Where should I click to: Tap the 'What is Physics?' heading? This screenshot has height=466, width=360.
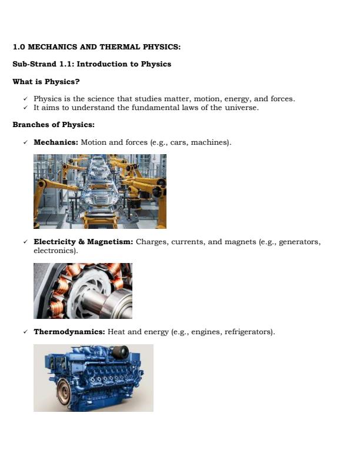(x=46, y=81)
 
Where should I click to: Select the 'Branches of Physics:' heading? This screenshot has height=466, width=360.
(x=53, y=125)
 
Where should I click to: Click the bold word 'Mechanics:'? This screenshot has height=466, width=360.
(x=56, y=142)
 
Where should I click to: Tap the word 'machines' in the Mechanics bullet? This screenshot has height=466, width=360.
(x=211, y=142)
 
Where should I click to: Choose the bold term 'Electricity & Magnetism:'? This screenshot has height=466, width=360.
(x=84, y=242)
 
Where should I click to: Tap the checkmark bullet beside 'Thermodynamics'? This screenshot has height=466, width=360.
(x=25, y=332)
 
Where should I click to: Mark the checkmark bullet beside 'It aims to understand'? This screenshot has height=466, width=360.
(x=25, y=108)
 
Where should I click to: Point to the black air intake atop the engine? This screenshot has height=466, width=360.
(x=120, y=352)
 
